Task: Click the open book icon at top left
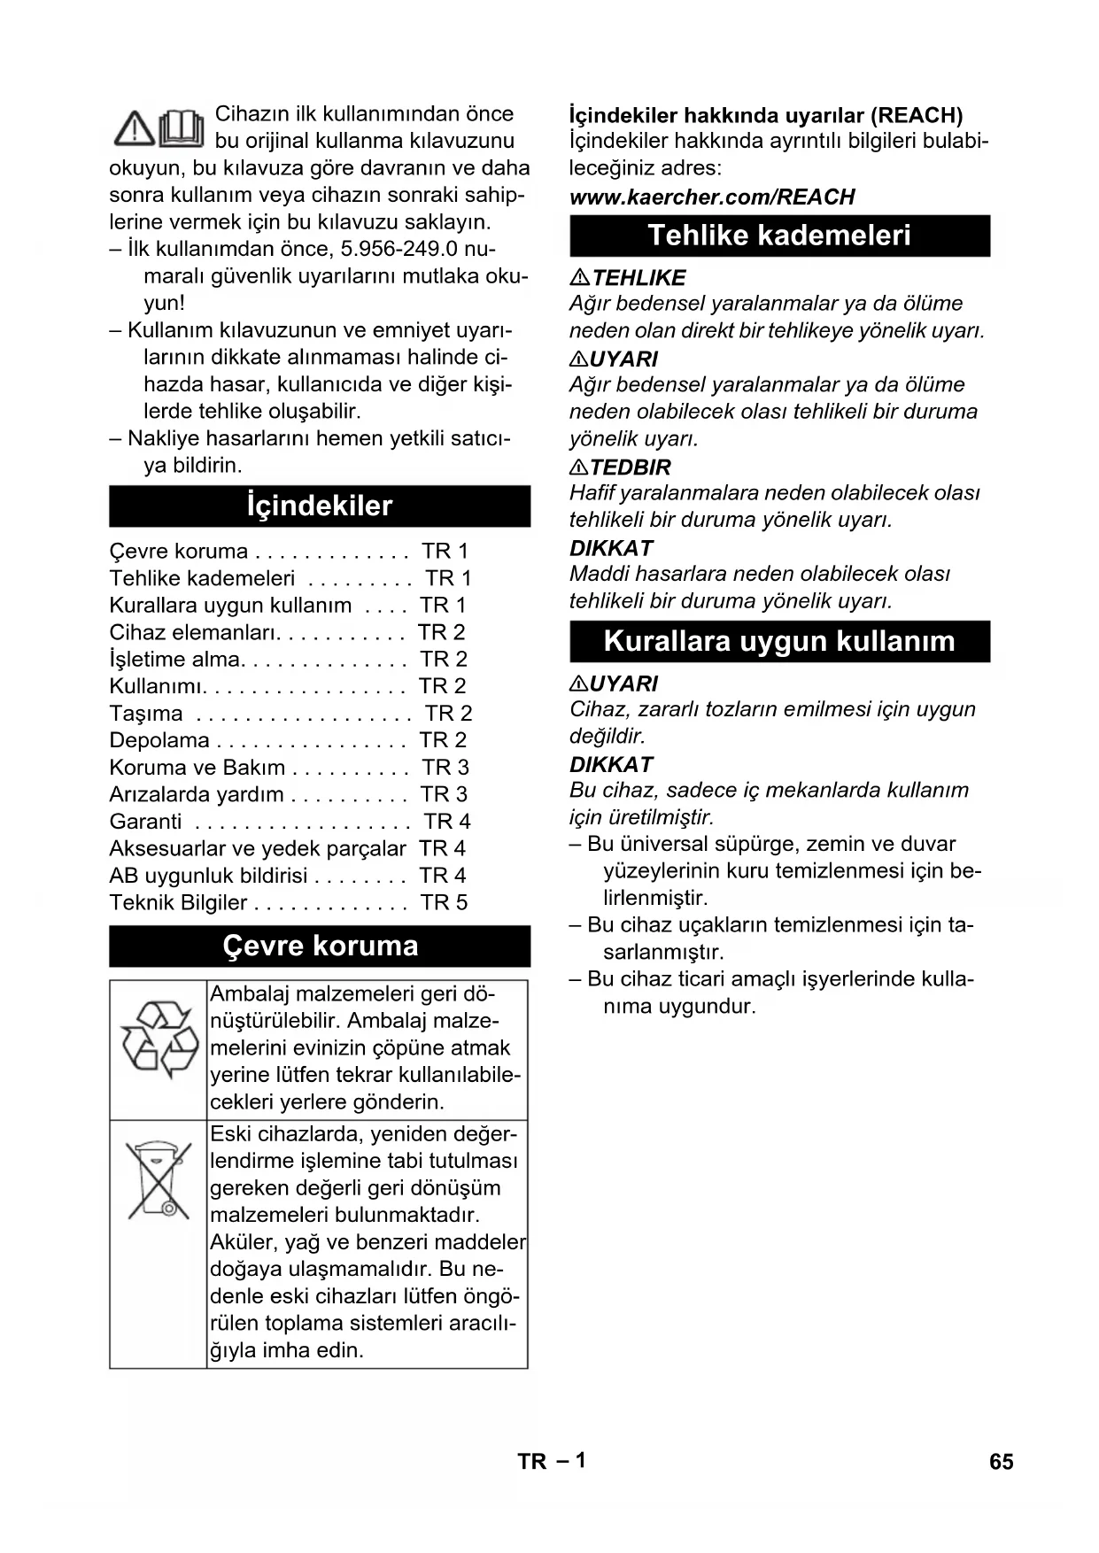click(182, 128)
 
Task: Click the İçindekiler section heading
click(320, 506)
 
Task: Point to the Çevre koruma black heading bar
click(320, 946)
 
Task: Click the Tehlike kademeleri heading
click(779, 236)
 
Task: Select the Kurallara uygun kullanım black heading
click(779, 641)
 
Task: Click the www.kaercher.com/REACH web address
click(712, 197)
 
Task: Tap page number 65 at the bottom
click(1001, 1462)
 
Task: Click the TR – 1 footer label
click(552, 1461)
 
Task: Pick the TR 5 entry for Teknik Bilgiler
click(444, 902)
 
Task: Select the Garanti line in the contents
click(145, 822)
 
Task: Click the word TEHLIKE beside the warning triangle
click(639, 278)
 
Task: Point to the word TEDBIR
click(631, 467)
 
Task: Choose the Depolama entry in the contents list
click(159, 740)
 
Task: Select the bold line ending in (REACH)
click(766, 115)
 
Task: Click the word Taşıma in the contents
click(146, 714)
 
